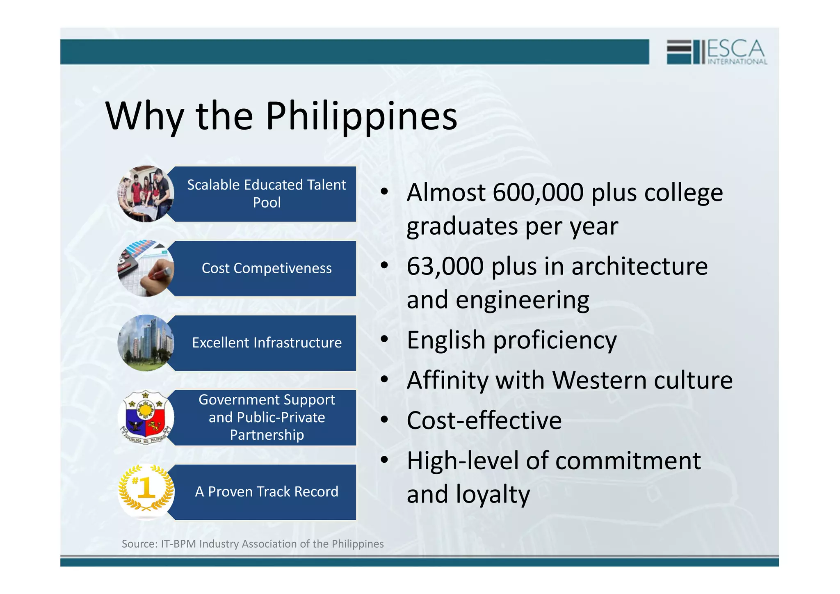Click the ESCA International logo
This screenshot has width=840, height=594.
point(716,52)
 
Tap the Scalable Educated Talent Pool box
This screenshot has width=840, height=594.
point(266,194)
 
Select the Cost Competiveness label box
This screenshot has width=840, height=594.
point(266,268)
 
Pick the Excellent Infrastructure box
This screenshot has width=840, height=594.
point(266,343)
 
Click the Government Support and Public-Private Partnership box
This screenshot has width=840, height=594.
point(266,417)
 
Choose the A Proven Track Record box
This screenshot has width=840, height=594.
point(266,491)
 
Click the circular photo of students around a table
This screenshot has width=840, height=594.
point(146,194)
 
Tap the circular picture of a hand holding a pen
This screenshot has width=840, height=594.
point(146,268)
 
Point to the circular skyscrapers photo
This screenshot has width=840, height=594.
point(146,343)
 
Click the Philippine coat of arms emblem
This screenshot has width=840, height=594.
point(146,417)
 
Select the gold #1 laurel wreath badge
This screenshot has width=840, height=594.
point(146,490)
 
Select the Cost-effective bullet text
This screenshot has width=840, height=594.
point(484,420)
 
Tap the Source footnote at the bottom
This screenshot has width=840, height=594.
point(253,544)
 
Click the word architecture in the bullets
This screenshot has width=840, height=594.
point(639,267)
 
